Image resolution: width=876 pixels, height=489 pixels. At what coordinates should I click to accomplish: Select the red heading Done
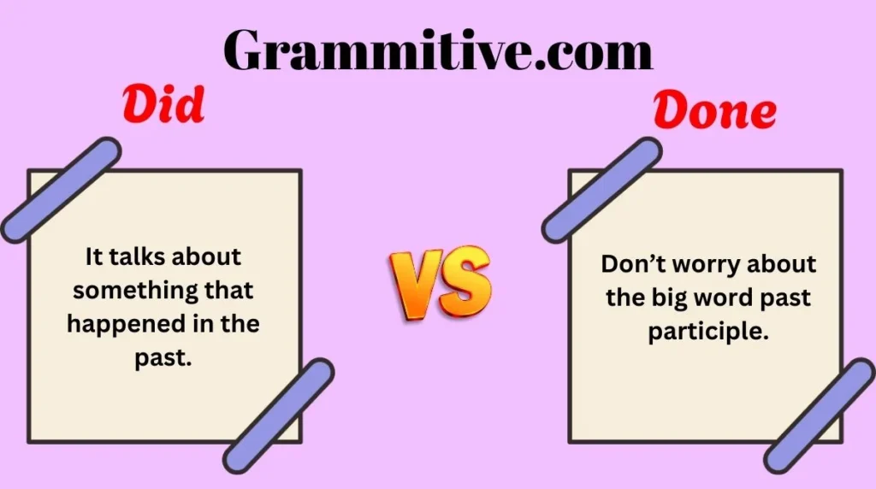point(715,112)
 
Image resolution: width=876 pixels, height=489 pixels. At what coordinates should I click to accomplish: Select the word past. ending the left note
point(163,358)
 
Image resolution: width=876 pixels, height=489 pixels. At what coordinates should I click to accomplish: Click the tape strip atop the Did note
point(61,189)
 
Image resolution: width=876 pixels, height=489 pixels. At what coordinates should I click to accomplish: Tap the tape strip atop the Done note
point(601,189)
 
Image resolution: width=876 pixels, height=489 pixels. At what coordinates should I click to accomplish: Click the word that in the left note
point(229,290)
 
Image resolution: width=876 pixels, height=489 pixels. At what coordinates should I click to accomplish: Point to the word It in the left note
point(96,256)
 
